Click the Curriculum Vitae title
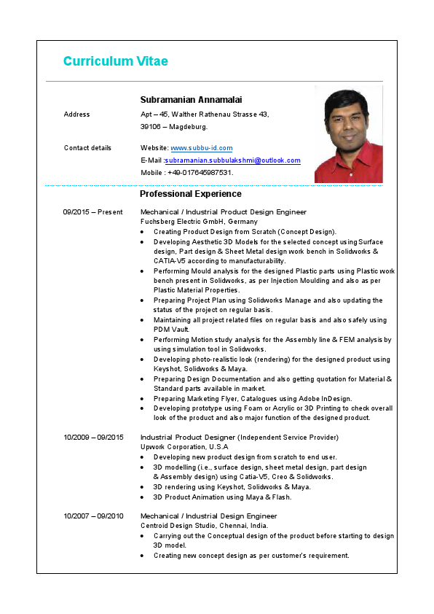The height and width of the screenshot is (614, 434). coord(115,61)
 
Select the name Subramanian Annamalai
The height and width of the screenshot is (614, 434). coord(191,99)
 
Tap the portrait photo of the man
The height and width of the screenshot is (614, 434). coord(348,134)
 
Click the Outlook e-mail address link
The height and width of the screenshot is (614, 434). coord(232,160)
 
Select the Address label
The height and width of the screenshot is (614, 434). coord(77,114)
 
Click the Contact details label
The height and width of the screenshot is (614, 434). coord(87,148)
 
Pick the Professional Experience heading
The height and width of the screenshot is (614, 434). coord(191,194)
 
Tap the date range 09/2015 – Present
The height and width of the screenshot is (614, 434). coord(92,212)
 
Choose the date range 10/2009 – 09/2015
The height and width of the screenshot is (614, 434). coord(93,438)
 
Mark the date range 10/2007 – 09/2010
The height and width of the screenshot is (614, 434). coord(93,516)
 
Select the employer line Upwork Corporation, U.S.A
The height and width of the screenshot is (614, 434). coord(184,447)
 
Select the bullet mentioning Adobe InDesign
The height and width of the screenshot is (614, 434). coord(253,399)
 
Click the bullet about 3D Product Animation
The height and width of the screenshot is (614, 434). coord(222,497)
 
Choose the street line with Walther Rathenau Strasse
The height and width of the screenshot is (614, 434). coord(205,114)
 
